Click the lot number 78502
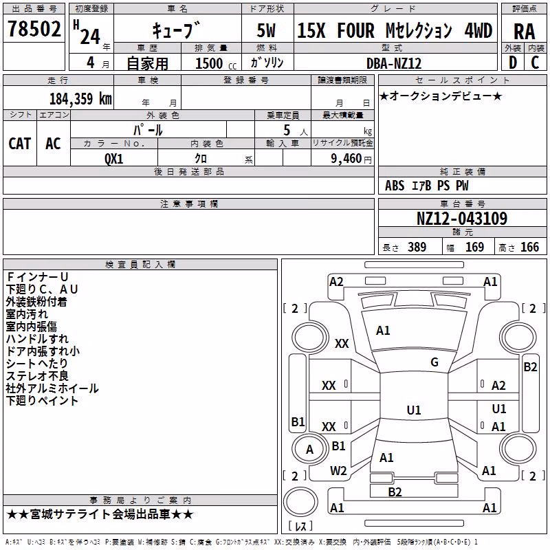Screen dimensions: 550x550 pos(34,29)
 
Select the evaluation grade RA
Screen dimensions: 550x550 pos(524,32)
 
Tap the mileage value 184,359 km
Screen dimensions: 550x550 pos(80,99)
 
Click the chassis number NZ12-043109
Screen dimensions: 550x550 pos(462,218)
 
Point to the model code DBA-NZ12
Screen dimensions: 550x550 pos(393,63)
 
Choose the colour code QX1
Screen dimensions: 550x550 pos(114,159)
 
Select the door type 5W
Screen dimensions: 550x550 pos(266,30)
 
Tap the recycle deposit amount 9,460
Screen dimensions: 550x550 pos(346,159)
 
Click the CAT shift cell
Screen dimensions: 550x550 pos(20,144)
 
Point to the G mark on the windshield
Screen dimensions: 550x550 pos(434,362)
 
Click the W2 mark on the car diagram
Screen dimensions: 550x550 pos(338,470)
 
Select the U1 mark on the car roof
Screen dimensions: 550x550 pos(414,410)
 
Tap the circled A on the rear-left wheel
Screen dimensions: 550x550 pos(309,450)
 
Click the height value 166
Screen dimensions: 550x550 pos(529,247)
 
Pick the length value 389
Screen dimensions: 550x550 pos(417,247)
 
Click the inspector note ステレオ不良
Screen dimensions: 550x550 pos(37,375)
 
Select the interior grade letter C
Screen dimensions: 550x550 pos(535,63)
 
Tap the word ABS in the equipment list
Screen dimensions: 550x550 pos(395,186)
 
